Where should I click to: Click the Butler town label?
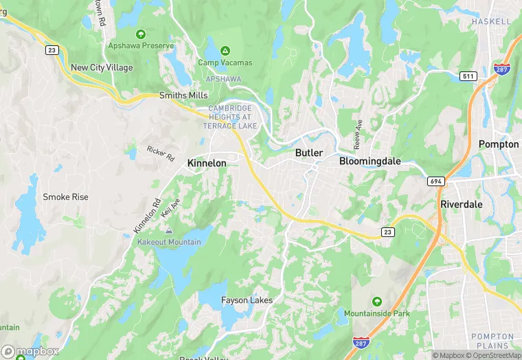click(309, 153)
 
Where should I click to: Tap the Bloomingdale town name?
click(370, 161)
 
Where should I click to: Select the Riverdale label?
click(462, 204)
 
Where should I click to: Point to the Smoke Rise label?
click(65, 197)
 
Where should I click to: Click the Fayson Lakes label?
click(247, 300)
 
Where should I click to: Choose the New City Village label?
click(102, 68)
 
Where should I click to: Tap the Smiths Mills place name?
click(183, 95)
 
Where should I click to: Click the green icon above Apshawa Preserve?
click(141, 34)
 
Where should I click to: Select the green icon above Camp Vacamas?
click(225, 50)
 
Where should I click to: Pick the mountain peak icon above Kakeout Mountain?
click(169, 230)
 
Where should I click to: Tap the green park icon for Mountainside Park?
click(376, 302)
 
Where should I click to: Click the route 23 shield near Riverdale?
click(388, 233)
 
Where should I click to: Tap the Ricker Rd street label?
click(161, 154)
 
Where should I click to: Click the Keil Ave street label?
click(170, 208)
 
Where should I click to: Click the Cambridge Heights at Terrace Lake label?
click(231, 117)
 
